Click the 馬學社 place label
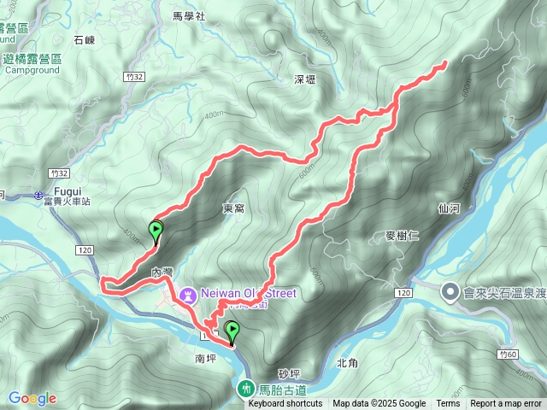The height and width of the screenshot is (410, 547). (x=189, y=16)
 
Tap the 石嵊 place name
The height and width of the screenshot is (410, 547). (x=85, y=39)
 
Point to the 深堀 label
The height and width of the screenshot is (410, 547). (x=305, y=79)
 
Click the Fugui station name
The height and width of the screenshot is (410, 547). (x=67, y=190)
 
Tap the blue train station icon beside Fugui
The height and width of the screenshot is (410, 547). (x=41, y=196)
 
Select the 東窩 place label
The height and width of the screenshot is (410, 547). (x=233, y=208)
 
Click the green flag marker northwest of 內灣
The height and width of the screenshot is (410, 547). (x=156, y=229)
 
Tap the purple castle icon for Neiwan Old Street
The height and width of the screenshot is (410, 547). (x=187, y=294)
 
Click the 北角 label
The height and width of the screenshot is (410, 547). (x=347, y=362)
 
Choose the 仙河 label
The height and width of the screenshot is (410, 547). (x=449, y=207)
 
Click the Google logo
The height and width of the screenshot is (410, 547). (x=32, y=398)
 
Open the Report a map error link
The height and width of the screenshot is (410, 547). (x=507, y=404)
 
